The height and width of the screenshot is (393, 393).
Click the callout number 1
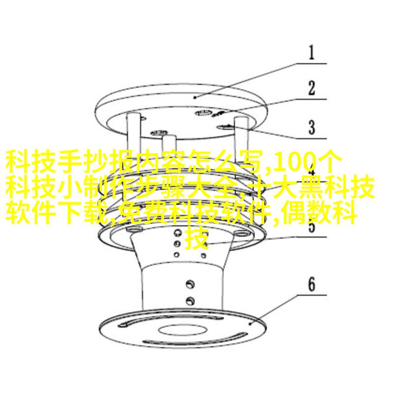(x=311, y=53)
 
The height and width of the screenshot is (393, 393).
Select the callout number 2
(x=311, y=88)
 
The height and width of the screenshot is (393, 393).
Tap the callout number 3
(x=311, y=127)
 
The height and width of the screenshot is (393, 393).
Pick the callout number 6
(x=311, y=284)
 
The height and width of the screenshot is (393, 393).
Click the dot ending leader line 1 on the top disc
(x=195, y=97)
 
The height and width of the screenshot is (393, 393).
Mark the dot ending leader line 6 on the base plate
(x=250, y=324)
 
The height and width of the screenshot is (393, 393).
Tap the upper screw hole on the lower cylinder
(x=190, y=284)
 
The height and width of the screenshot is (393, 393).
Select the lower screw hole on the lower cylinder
(x=190, y=301)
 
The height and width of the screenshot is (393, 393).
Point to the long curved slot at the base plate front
(x=195, y=338)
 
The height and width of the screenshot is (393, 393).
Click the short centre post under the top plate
(x=169, y=145)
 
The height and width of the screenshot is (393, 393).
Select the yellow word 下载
(x=83, y=213)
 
